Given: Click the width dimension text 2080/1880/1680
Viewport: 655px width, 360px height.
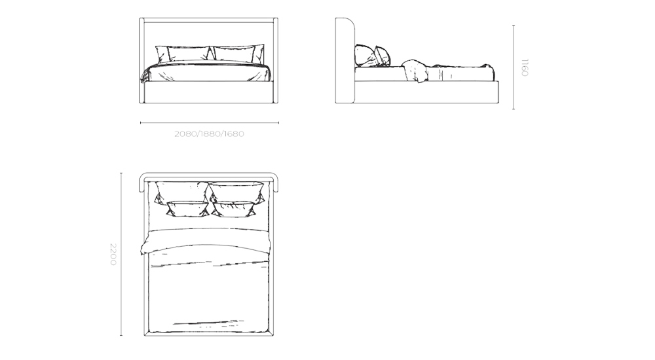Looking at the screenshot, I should point(209,134).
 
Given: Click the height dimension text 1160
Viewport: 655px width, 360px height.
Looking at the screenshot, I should point(524,67).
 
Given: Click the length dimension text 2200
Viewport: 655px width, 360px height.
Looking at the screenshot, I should point(113,254).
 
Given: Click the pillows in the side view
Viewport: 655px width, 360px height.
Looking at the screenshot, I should point(371,56).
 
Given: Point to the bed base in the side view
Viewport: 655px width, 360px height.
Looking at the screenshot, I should point(426,92).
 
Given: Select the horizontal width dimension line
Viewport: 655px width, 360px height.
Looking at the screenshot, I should point(209,122).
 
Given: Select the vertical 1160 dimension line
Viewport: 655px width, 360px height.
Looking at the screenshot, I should point(514,67).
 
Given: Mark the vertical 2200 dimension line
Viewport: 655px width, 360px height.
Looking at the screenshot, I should point(121,254).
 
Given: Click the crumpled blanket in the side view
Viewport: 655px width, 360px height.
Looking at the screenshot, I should point(414,69).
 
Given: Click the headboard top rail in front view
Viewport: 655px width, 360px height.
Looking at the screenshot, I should point(209,20).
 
